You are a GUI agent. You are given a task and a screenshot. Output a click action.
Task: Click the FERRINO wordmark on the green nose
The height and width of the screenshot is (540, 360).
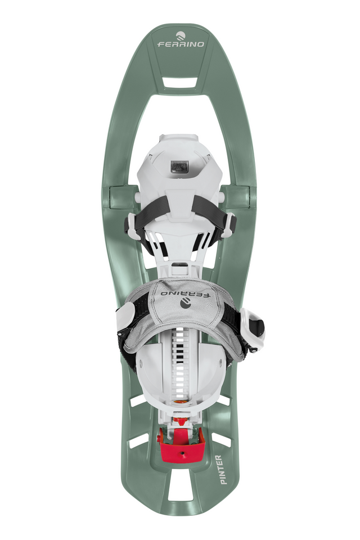pyautogui.click(x=181, y=44)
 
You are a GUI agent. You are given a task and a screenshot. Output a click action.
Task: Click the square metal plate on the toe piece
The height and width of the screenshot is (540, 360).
pyautogui.click(x=180, y=168)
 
